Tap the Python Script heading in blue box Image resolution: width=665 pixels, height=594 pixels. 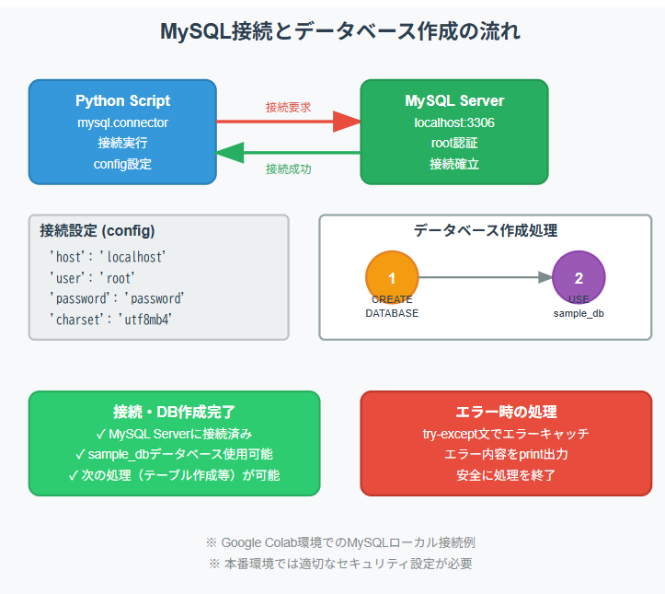(x=122, y=100)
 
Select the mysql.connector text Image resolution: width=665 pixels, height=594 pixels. (x=122, y=122)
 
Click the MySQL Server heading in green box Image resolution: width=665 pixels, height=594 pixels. (x=454, y=100)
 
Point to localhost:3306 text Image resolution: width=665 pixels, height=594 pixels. (x=454, y=122)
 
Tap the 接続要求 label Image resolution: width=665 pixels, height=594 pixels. (x=288, y=107)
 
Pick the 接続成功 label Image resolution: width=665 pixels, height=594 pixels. (x=288, y=169)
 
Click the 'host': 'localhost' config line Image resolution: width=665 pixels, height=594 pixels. (x=107, y=257)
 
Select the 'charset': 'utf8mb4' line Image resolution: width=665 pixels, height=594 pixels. (x=110, y=319)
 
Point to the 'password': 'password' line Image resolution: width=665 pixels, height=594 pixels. (x=117, y=298)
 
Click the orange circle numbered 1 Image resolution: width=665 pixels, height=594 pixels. (x=392, y=277)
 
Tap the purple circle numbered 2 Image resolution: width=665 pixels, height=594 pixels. (x=579, y=277)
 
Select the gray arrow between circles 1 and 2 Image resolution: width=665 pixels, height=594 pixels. (x=485, y=277)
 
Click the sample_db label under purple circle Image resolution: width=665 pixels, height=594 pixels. (x=579, y=313)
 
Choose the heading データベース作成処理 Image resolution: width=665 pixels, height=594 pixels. (x=485, y=230)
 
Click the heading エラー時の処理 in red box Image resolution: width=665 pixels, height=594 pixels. (x=506, y=412)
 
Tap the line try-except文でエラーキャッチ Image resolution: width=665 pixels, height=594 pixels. (x=506, y=433)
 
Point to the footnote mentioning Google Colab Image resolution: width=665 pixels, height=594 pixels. (x=340, y=542)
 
